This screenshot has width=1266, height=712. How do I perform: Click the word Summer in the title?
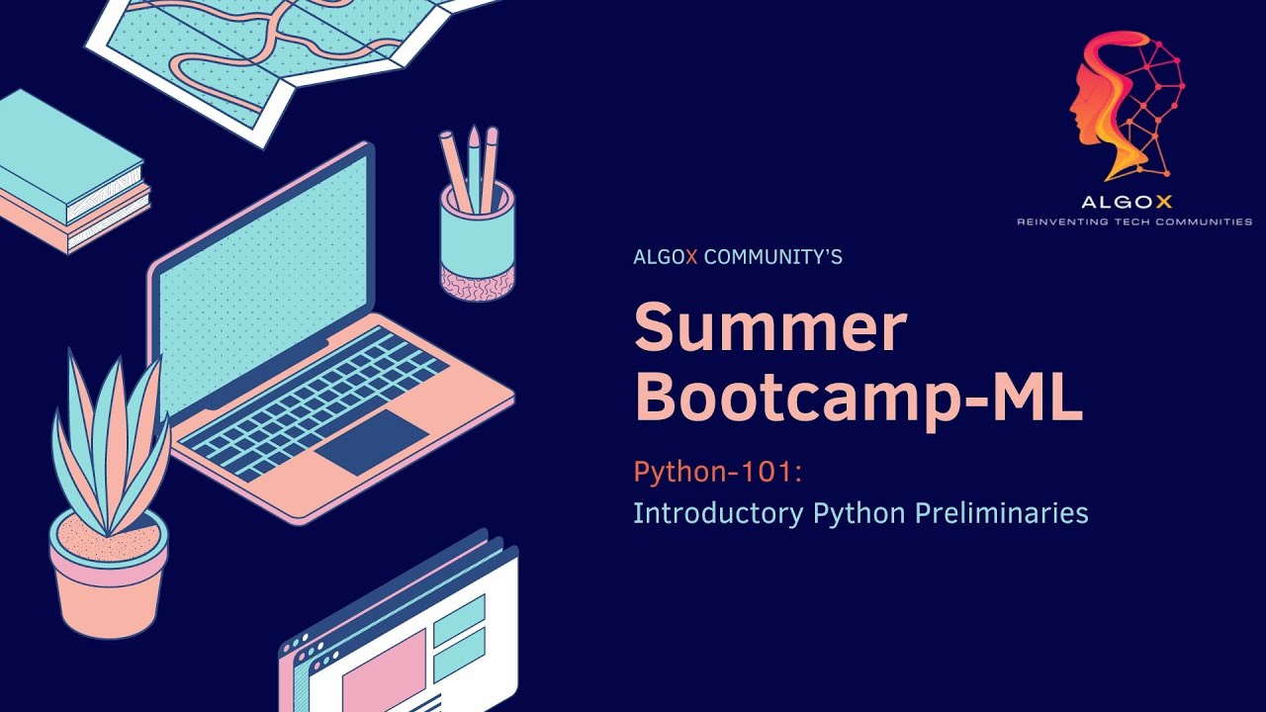[x=769, y=329]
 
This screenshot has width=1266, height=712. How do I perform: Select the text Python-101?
[x=717, y=473]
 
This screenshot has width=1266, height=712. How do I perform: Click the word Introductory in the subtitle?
[x=718, y=514]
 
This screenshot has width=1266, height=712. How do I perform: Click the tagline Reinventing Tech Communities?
[x=1134, y=222]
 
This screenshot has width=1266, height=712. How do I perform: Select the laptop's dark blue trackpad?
[x=372, y=442]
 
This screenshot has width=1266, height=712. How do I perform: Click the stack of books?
[x=69, y=173]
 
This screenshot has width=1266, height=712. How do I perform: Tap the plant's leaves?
[x=109, y=435]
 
